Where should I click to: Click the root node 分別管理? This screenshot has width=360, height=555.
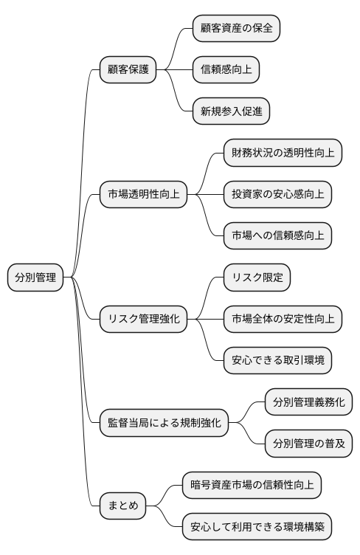[35, 277]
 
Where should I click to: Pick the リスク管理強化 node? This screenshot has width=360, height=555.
[144, 319]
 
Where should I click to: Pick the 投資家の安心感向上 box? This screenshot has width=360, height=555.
[278, 195]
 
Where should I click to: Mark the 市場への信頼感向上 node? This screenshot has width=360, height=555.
[278, 236]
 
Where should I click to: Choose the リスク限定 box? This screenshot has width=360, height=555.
[257, 277]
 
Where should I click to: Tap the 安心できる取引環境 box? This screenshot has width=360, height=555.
[278, 361]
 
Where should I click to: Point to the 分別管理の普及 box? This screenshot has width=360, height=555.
[308, 444]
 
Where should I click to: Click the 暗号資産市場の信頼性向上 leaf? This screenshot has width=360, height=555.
[252, 486]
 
